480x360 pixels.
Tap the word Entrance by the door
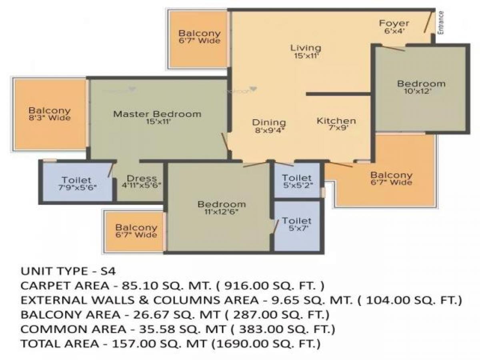tap(441, 22)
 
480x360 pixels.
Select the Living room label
tap(306, 48)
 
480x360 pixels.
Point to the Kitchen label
tap(336, 121)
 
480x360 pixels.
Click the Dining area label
tap(269, 122)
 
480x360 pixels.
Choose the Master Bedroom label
tap(157, 114)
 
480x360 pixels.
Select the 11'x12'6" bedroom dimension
tap(221, 212)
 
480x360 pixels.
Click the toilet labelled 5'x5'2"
tap(296, 185)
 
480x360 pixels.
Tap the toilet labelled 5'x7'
tap(296, 228)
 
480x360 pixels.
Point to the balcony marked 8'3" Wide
tap(49, 114)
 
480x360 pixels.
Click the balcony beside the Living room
tap(199, 37)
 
